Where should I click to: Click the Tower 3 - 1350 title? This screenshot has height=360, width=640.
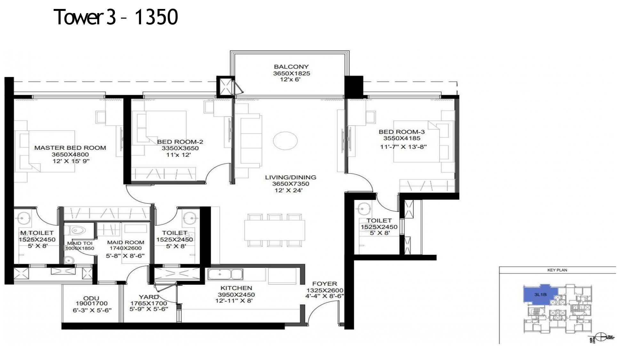(x=116, y=17)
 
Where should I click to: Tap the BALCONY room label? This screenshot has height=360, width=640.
(x=291, y=67)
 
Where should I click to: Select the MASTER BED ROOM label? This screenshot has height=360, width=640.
(x=70, y=148)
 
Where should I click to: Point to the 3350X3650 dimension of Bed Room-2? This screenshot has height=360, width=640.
(x=180, y=148)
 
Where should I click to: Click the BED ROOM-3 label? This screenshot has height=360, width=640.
(x=402, y=132)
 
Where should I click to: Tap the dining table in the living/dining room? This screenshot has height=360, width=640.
(x=275, y=230)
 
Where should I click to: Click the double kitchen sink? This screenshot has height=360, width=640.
(x=225, y=274)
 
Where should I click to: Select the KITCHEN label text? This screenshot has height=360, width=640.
(x=236, y=288)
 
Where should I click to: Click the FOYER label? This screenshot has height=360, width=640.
(x=324, y=284)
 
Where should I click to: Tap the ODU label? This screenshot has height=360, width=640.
(x=91, y=298)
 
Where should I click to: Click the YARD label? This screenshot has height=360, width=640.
(x=148, y=297)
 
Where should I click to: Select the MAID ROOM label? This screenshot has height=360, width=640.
(x=125, y=243)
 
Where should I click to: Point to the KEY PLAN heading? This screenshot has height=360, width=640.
(x=557, y=270)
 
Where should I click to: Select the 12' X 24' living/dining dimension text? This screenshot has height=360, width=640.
(x=288, y=190)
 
